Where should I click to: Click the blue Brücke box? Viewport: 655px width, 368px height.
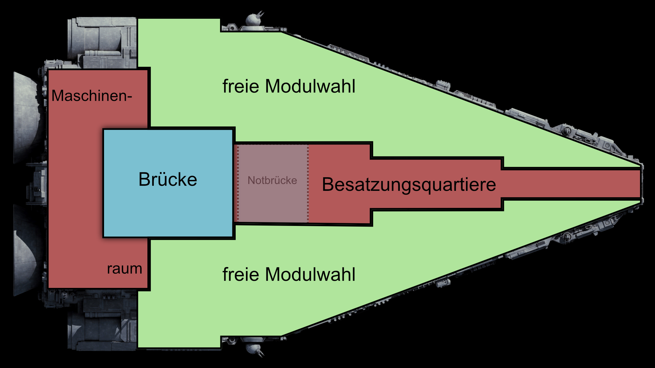point(168,211)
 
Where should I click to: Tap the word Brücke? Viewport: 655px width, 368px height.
point(168,179)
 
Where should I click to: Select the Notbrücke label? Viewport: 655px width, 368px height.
point(272,180)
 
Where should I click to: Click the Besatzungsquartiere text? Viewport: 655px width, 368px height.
point(409,185)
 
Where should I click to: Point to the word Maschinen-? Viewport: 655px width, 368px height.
point(91,96)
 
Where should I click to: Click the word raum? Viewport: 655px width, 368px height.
point(125,269)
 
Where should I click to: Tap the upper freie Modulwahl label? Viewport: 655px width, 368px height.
point(289,86)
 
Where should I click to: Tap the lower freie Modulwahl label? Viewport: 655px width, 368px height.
point(289,274)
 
